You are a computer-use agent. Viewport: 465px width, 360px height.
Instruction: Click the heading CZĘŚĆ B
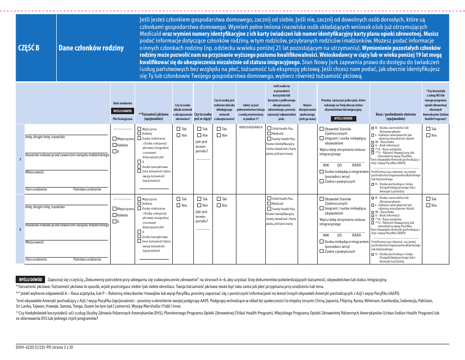pos(28,48)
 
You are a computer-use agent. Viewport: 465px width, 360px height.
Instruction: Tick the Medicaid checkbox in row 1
pos(269,133)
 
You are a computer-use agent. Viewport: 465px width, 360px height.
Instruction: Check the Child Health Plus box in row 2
pos(269,198)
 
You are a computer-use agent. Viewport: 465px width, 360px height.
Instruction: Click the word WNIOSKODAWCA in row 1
pos(250,127)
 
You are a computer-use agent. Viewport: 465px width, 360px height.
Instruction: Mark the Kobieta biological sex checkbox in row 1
pos(115,145)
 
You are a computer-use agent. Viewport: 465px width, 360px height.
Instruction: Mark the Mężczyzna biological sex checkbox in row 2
pos(115,209)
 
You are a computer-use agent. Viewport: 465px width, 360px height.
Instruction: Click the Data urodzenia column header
pos(122,103)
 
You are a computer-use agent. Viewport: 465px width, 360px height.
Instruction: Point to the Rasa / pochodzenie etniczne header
pos(395,116)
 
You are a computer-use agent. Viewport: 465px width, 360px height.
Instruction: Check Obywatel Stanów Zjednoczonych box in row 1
pos(322,129)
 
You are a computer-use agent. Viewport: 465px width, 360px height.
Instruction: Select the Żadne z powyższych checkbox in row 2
pos(322,251)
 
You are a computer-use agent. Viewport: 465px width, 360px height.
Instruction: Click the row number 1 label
pos(20,159)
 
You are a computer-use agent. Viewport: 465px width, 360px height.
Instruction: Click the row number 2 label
pos(20,229)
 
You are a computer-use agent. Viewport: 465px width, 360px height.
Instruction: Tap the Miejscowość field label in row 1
pos(35,172)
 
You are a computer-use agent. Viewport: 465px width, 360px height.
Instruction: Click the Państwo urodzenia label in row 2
pos(87,259)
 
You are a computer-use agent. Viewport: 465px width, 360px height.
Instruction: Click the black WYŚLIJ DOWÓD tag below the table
pos(30,279)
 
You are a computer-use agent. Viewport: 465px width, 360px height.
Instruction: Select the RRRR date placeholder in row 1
pos(356,165)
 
